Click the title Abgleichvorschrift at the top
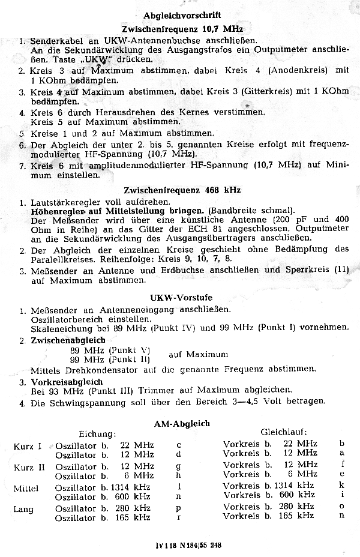tap(182, 14)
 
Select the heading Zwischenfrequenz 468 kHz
tap(182, 190)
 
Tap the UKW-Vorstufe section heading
tap(181, 298)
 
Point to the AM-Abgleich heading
tap(182, 423)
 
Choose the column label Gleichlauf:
tap(283, 432)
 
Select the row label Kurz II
tap(28, 466)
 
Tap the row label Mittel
tap(25, 489)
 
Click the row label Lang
tap(23, 510)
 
